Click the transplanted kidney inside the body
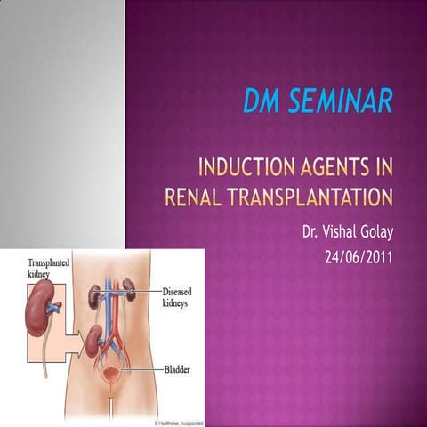point(93,340)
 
